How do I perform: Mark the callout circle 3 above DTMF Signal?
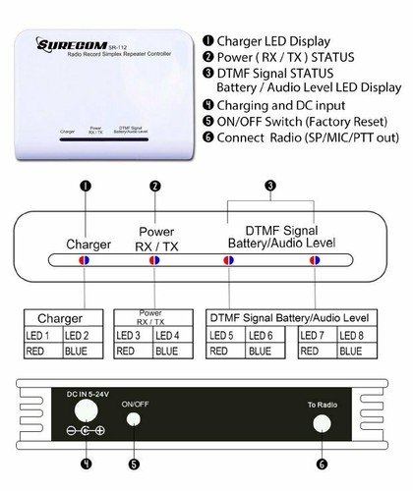point(271,185)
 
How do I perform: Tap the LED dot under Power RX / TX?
point(154,261)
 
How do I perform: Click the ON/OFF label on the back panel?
point(136,404)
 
